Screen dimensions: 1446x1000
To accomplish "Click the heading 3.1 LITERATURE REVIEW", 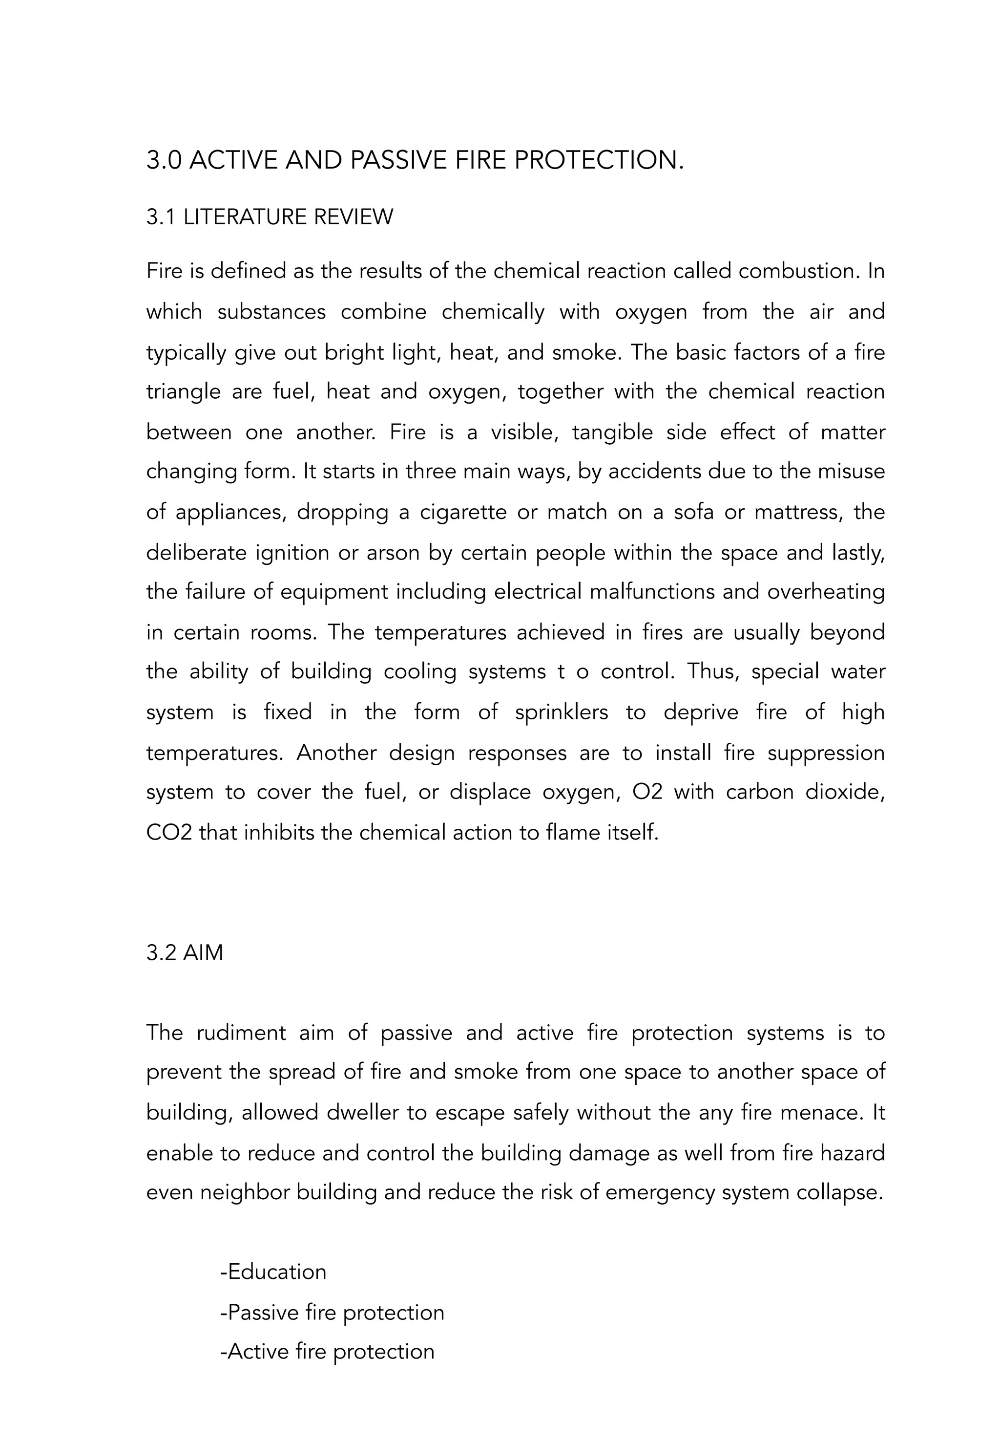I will click(270, 217).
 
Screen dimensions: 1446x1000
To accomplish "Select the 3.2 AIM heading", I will click(185, 952).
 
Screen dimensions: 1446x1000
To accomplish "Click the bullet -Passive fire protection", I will click(332, 1312).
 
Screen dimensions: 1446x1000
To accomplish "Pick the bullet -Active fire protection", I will click(327, 1351).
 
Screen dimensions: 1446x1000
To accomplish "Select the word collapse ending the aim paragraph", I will click(839, 1192).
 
